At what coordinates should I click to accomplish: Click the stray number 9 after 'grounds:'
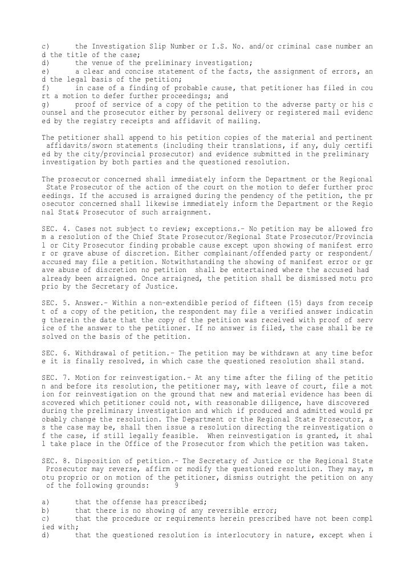coord(177,485)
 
